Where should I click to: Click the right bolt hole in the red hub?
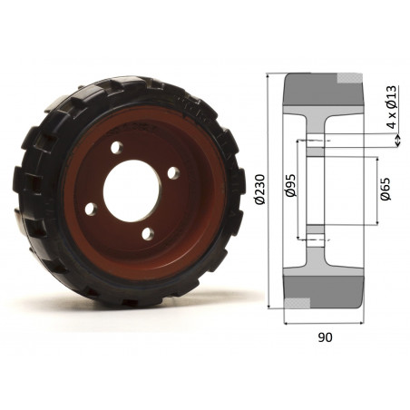[x=173, y=172]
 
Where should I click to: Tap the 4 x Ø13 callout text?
[x=391, y=108]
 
